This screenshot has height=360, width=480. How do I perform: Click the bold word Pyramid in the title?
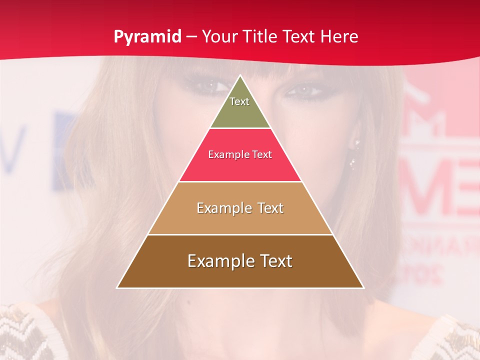147,37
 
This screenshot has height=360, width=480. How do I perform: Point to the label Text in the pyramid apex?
239,101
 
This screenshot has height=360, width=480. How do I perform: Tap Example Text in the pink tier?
240,154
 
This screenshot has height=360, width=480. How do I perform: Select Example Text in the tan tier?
240,208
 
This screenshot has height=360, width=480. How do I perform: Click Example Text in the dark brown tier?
240,261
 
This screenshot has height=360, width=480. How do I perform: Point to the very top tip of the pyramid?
240,76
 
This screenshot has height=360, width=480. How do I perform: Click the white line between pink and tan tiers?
240,181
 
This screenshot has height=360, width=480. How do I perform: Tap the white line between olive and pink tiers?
240,128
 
